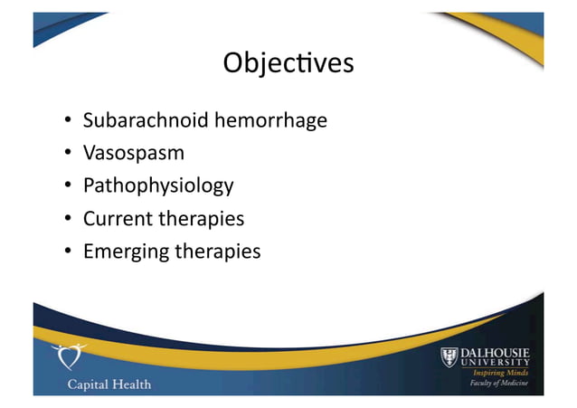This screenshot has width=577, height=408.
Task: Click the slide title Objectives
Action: pyautogui.click(x=288, y=64)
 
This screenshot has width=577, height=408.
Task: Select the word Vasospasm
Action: pyautogui.click(x=134, y=153)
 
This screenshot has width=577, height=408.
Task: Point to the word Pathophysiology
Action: pyautogui.click(x=158, y=186)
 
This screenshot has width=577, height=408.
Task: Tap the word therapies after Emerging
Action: pyautogui.click(x=216, y=252)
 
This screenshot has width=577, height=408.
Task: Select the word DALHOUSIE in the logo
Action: pyautogui.click(x=498, y=352)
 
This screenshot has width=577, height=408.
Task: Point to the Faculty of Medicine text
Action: pyautogui.click(x=502, y=385)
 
